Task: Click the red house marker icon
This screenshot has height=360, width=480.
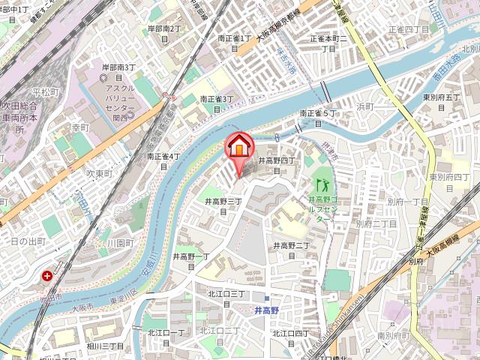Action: coord(239,145)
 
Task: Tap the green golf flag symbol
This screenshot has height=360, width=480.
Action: coord(324,184)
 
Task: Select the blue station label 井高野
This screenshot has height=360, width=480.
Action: coord(265,309)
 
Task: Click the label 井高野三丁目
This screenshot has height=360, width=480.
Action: coord(223,206)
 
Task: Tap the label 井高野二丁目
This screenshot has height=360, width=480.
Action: coord(291,250)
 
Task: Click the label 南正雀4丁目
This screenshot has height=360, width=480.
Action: coord(164,160)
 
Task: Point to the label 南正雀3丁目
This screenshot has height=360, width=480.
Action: coord(217,103)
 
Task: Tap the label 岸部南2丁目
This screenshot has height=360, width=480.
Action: coord(165,33)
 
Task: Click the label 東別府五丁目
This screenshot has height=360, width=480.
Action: coord(441,102)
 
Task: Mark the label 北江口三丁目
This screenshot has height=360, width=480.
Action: coord(228,297)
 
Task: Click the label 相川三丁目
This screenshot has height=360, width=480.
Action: coord(105,346)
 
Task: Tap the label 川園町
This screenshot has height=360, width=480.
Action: coord(119,244)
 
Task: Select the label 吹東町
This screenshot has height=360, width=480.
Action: coord(98,173)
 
